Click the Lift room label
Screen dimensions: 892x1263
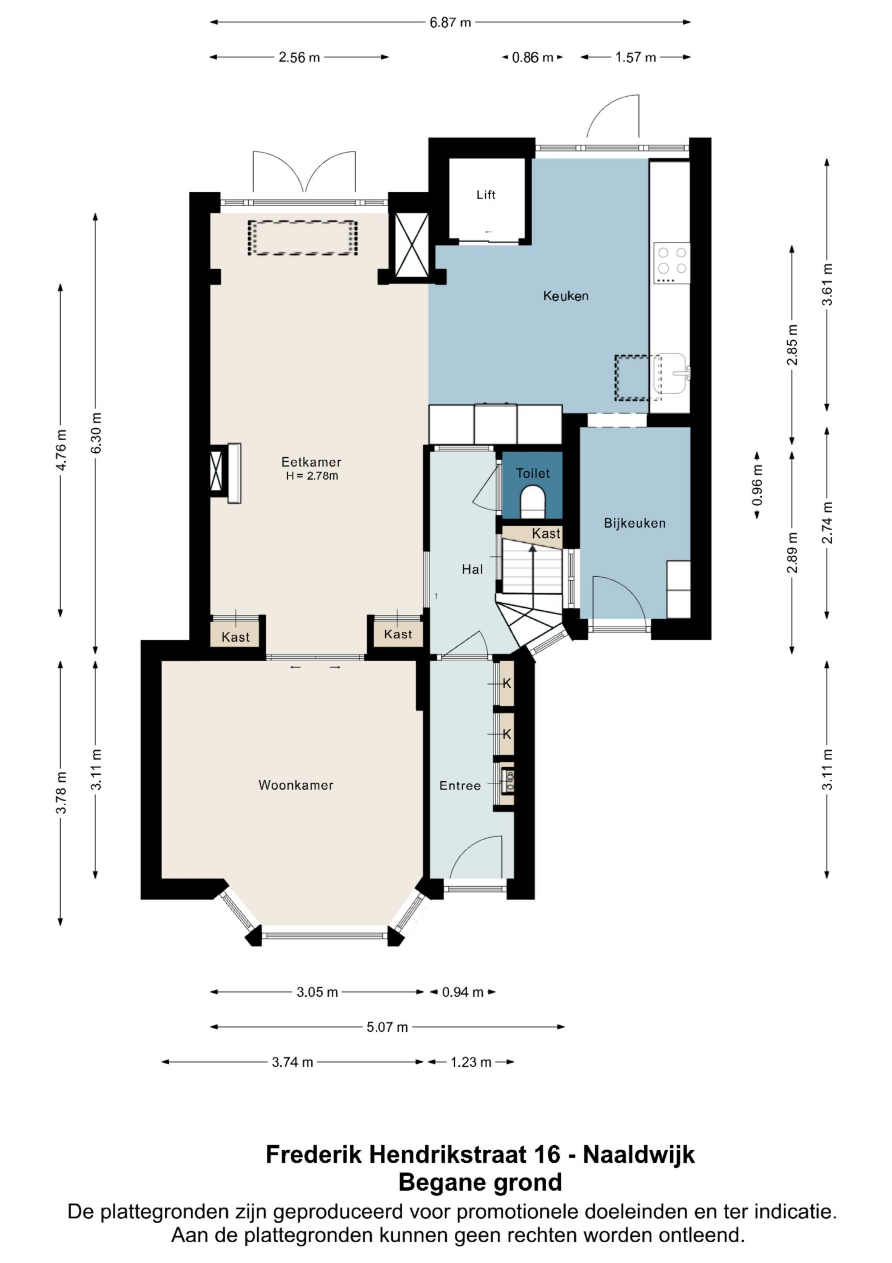[x=486, y=195]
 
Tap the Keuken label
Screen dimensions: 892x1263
[x=565, y=296]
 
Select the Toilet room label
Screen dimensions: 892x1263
[x=533, y=473]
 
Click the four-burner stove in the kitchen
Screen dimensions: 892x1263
[x=671, y=263]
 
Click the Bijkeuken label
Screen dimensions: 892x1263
[x=635, y=523]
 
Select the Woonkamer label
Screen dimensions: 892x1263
[x=296, y=785]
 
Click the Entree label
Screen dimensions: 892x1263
[x=460, y=785]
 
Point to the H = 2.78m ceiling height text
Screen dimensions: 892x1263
[x=312, y=476]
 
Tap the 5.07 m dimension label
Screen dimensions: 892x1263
[x=387, y=1027]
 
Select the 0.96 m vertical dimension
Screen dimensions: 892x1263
[x=757, y=485]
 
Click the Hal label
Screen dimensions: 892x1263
[x=472, y=569]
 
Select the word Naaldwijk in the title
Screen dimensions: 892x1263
[x=638, y=1155]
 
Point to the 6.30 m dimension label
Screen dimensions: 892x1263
[x=96, y=433]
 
